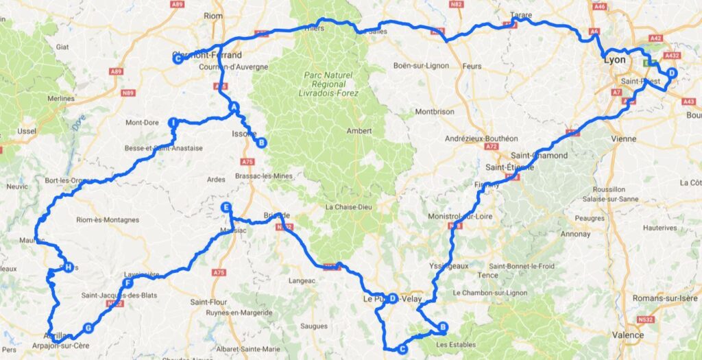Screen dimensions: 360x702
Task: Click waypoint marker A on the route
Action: tap(233, 107)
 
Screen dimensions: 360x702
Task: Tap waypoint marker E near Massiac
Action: tap(226, 207)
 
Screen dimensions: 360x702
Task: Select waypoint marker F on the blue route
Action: tap(128, 283)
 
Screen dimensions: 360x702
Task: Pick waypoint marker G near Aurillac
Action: tap(88, 328)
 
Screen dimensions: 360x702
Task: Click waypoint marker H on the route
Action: tap(68, 267)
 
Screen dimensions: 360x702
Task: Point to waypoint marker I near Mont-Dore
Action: tap(173, 123)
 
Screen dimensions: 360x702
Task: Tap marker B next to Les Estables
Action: tap(443, 327)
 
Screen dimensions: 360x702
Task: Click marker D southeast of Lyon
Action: tap(671, 73)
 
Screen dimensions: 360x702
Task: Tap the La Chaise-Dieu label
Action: tap(348, 207)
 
